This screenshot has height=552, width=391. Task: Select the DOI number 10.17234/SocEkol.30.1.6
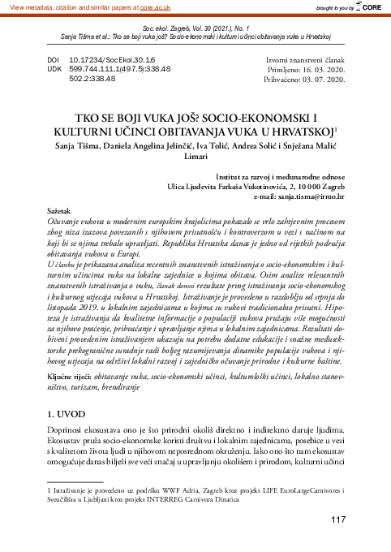(113, 60)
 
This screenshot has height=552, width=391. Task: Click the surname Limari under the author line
(196, 157)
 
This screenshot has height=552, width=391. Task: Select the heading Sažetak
(62, 209)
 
